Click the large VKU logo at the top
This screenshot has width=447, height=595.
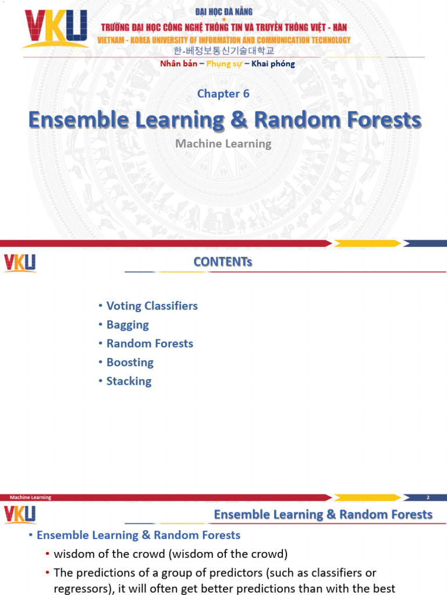pyautogui.click(x=55, y=28)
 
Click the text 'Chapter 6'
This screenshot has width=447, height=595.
pyautogui.click(x=223, y=94)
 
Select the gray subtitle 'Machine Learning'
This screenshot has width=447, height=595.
pyautogui.click(x=223, y=143)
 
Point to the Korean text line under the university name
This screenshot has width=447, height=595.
pyautogui.click(x=224, y=51)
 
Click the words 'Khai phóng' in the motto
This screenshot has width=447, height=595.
pyautogui.click(x=273, y=64)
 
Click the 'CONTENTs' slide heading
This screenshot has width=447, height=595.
pyautogui.click(x=223, y=262)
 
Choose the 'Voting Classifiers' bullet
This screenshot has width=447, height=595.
pyautogui.click(x=152, y=306)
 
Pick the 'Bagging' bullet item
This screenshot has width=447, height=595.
pyautogui.click(x=127, y=325)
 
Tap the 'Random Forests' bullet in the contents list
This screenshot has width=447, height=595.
pyautogui.click(x=150, y=343)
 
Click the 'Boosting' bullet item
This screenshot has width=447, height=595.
pyautogui.click(x=130, y=363)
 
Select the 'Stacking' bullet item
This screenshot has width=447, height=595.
pyautogui.click(x=129, y=381)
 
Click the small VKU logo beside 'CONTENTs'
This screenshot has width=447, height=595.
pyautogui.click(x=20, y=263)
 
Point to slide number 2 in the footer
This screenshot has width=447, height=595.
pyautogui.click(x=428, y=497)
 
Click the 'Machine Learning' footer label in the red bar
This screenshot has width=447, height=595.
pyautogui.click(x=30, y=497)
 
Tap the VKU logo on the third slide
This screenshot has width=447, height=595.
pyautogui.click(x=20, y=514)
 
